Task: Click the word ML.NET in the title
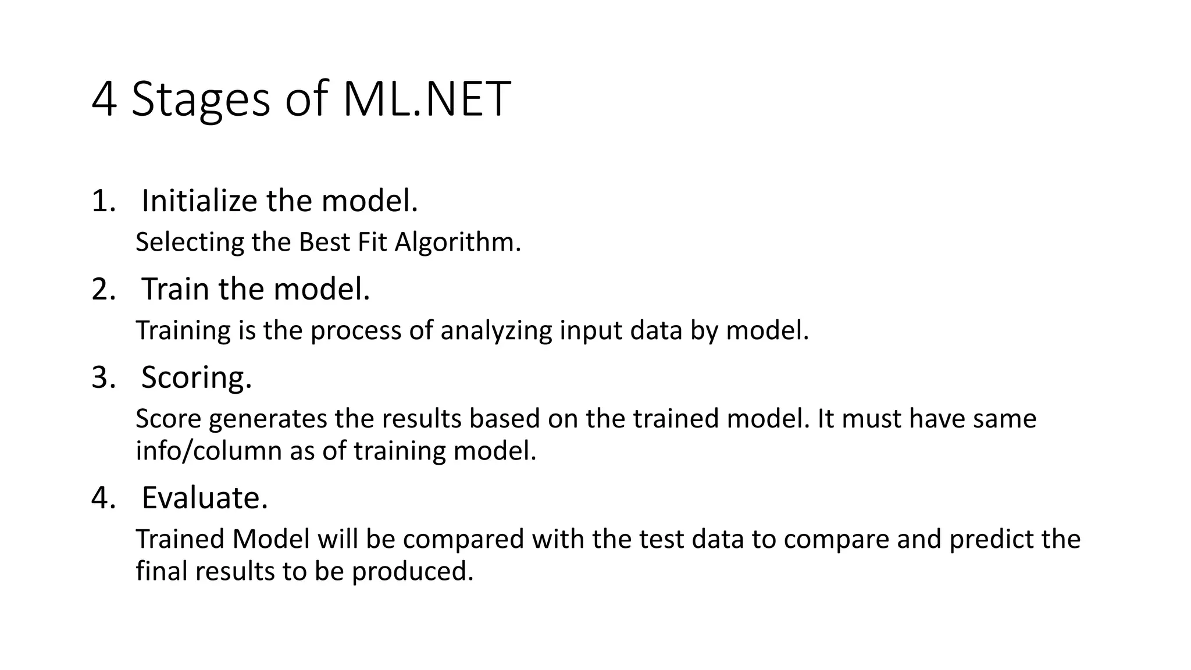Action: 426,99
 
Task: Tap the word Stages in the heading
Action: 201,101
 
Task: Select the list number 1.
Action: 102,202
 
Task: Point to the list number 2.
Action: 103,290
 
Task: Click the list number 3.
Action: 103,378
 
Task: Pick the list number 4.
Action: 103,498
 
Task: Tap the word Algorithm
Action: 458,243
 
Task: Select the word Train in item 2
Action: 175,290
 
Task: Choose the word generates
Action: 268,419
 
